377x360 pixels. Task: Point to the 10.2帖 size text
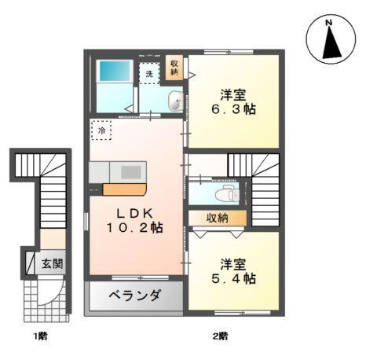tap(134, 229)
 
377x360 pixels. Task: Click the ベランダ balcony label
tap(135, 297)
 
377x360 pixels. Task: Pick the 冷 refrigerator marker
tap(101, 130)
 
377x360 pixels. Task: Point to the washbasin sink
tap(175, 100)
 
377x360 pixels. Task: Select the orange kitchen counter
tap(124, 189)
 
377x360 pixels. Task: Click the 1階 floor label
tap(40, 337)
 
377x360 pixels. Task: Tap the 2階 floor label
tap(219, 337)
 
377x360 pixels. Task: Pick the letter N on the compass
tap(330, 22)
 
